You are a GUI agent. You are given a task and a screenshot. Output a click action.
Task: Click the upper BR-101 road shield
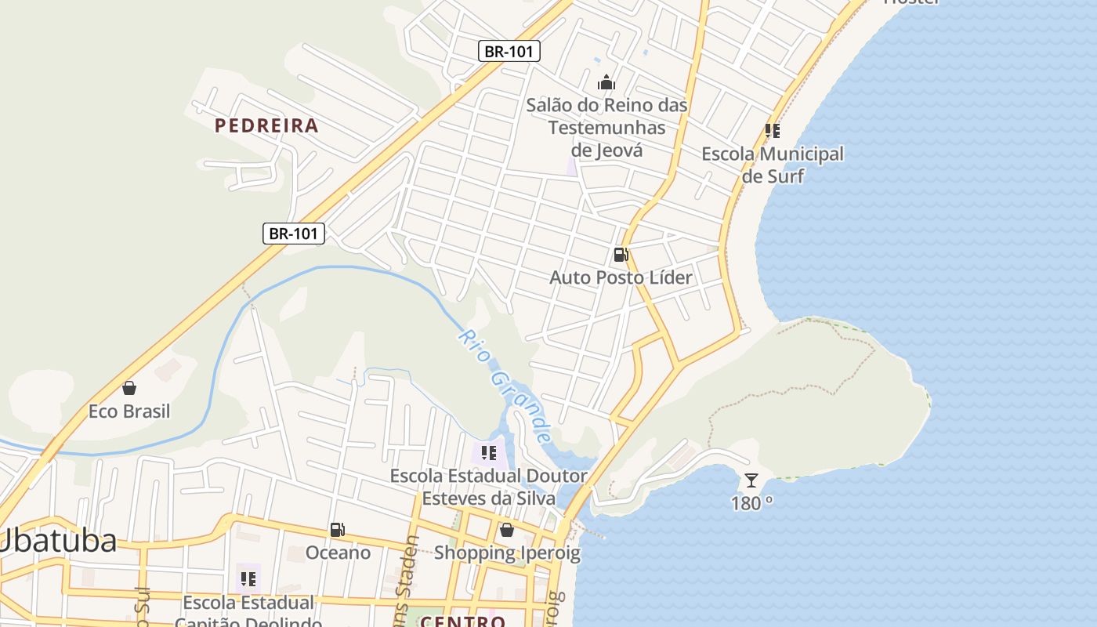coord(509,52)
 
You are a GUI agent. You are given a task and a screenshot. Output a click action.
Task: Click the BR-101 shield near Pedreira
coord(293,233)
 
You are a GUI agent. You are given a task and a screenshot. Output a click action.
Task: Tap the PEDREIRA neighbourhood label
coord(266,125)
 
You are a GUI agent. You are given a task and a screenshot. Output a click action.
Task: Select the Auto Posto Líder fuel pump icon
coord(621,255)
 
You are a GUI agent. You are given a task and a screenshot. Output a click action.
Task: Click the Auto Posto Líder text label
coord(621,277)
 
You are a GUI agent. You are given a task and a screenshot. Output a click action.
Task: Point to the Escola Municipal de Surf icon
coord(773,131)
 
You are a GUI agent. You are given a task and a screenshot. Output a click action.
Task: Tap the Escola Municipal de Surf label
coord(773,165)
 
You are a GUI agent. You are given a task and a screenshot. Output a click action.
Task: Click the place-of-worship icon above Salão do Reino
coord(606,82)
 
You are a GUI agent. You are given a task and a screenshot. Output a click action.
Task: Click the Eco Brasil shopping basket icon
coord(129,388)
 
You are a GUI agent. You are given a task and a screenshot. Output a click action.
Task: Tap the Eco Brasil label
coord(129,411)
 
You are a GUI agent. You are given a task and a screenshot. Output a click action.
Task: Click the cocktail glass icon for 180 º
coord(751,480)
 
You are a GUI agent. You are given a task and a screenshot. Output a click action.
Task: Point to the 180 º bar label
coord(751,503)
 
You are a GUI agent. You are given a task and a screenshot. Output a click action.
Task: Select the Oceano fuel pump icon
coord(338,530)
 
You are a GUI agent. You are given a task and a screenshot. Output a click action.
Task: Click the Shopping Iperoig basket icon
coord(507,530)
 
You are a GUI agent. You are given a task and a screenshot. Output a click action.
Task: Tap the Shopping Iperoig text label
coord(507,553)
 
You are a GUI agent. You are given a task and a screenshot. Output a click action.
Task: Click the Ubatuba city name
coord(59,541)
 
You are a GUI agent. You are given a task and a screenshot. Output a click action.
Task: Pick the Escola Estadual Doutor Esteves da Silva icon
coord(489,453)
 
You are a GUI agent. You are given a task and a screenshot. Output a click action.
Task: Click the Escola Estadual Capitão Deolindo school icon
coord(248,579)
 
